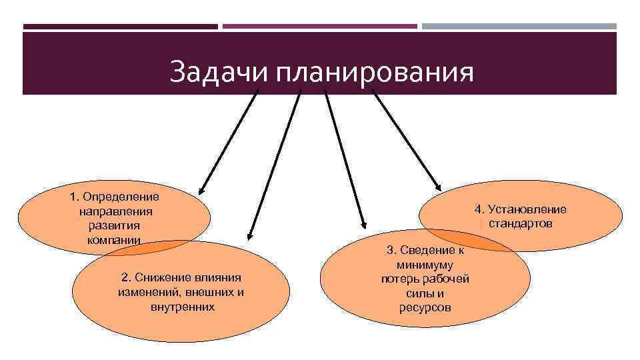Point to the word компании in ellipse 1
click(x=114, y=240)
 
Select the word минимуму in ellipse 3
click(x=425, y=265)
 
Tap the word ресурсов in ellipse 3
click(x=425, y=307)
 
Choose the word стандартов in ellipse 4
click(x=521, y=223)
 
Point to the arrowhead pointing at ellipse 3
click(x=363, y=225)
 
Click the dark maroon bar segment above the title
click(x=120, y=27)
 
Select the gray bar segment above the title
click(x=519, y=27)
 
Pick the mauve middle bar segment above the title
click(x=320, y=27)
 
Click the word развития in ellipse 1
click(x=114, y=225)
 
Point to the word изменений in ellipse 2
click(x=147, y=292)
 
